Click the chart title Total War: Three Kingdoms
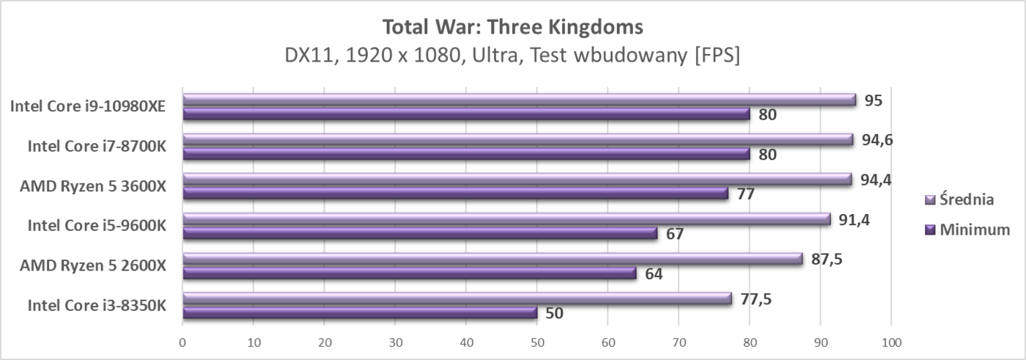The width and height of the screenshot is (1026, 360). click(x=512, y=27)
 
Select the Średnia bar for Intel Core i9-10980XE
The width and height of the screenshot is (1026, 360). click(x=519, y=100)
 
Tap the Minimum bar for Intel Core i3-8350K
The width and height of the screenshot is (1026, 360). click(x=359, y=313)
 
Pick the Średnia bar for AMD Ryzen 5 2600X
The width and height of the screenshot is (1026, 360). click(x=492, y=260)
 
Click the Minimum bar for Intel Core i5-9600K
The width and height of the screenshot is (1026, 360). click(x=419, y=233)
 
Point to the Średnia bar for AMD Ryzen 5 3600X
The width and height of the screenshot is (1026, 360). click(x=517, y=180)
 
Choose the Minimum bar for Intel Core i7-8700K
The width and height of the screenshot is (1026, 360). click(x=466, y=154)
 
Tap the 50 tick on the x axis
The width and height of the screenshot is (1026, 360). click(x=537, y=342)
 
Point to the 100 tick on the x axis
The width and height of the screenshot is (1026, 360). click(x=891, y=342)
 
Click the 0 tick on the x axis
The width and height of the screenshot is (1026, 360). click(x=182, y=342)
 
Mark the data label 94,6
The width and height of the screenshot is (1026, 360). click(x=876, y=140)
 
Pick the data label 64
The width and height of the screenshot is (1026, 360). click(x=654, y=273)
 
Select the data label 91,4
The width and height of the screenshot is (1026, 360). click(x=855, y=219)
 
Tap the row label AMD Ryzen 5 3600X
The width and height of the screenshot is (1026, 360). click(x=93, y=186)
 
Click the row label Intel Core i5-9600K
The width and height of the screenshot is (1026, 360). click(x=97, y=226)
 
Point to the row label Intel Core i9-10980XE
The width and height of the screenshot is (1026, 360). click(x=87, y=107)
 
